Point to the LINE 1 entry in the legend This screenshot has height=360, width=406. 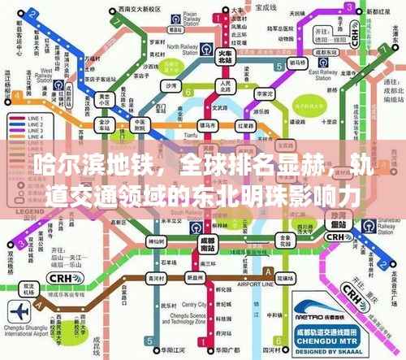tap(34, 119)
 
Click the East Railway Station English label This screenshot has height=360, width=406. tap(325, 74)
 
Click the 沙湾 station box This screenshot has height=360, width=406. tap(171, 85)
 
